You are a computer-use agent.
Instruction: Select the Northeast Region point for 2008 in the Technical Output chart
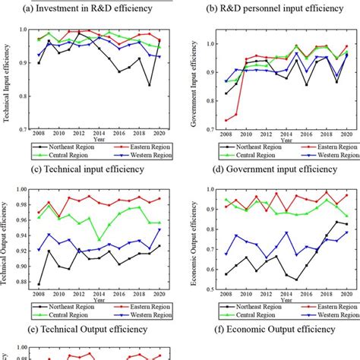point(39,284)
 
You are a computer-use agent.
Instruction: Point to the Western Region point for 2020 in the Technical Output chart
point(159,229)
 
